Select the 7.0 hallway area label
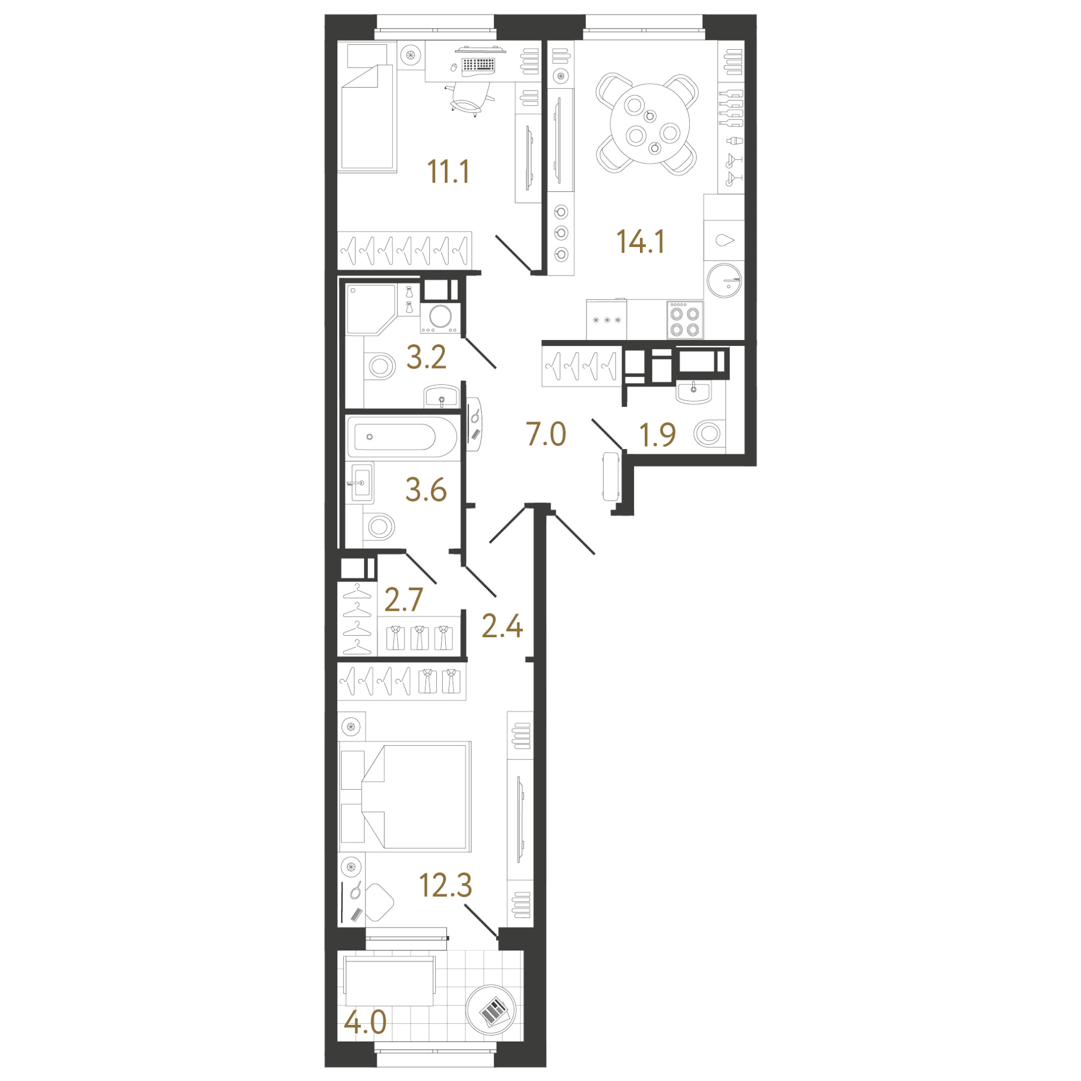click(546, 434)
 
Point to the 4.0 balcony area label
click(365, 1023)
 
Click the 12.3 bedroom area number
click(446, 885)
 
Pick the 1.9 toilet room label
click(657, 435)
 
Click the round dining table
click(650, 124)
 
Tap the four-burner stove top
click(685, 319)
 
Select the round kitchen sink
click(724, 280)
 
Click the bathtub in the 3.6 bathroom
click(401, 437)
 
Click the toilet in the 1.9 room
click(708, 434)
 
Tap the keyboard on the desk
click(478, 64)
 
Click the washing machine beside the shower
click(441, 317)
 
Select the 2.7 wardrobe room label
click(403, 600)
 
